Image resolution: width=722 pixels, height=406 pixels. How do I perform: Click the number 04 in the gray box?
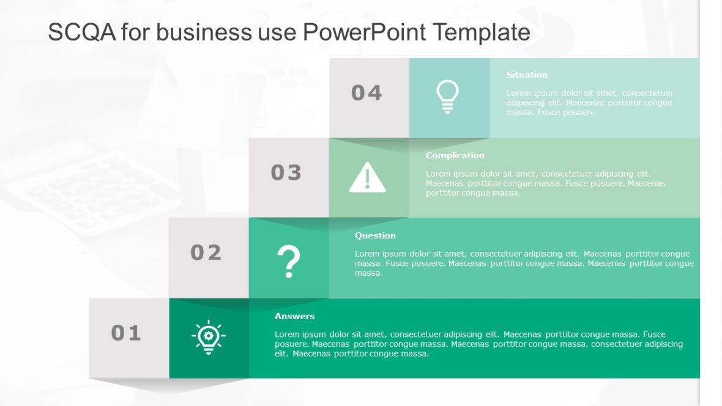click(367, 93)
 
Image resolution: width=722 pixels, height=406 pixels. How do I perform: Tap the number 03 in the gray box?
click(286, 173)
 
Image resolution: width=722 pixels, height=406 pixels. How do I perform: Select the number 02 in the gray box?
click(206, 253)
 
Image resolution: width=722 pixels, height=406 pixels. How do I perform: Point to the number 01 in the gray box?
click(126, 333)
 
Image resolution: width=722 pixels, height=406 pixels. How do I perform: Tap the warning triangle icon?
click(367, 178)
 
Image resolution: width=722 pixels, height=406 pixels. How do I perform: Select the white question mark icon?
click(289, 261)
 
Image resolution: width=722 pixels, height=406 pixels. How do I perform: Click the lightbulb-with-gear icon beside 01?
click(208, 337)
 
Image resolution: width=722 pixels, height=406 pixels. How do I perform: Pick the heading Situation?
click(527, 75)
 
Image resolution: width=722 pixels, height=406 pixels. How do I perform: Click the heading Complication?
click(455, 155)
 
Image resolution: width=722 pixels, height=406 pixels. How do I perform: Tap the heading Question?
click(375, 235)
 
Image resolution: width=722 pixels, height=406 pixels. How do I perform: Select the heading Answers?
click(294, 316)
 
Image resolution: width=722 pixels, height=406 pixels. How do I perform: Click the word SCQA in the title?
click(81, 32)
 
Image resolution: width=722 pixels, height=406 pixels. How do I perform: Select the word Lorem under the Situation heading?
click(519, 94)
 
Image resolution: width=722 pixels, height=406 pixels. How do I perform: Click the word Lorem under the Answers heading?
click(287, 334)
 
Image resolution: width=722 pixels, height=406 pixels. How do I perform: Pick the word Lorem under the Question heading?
click(367, 254)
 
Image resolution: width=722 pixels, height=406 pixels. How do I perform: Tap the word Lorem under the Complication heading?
click(438, 174)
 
